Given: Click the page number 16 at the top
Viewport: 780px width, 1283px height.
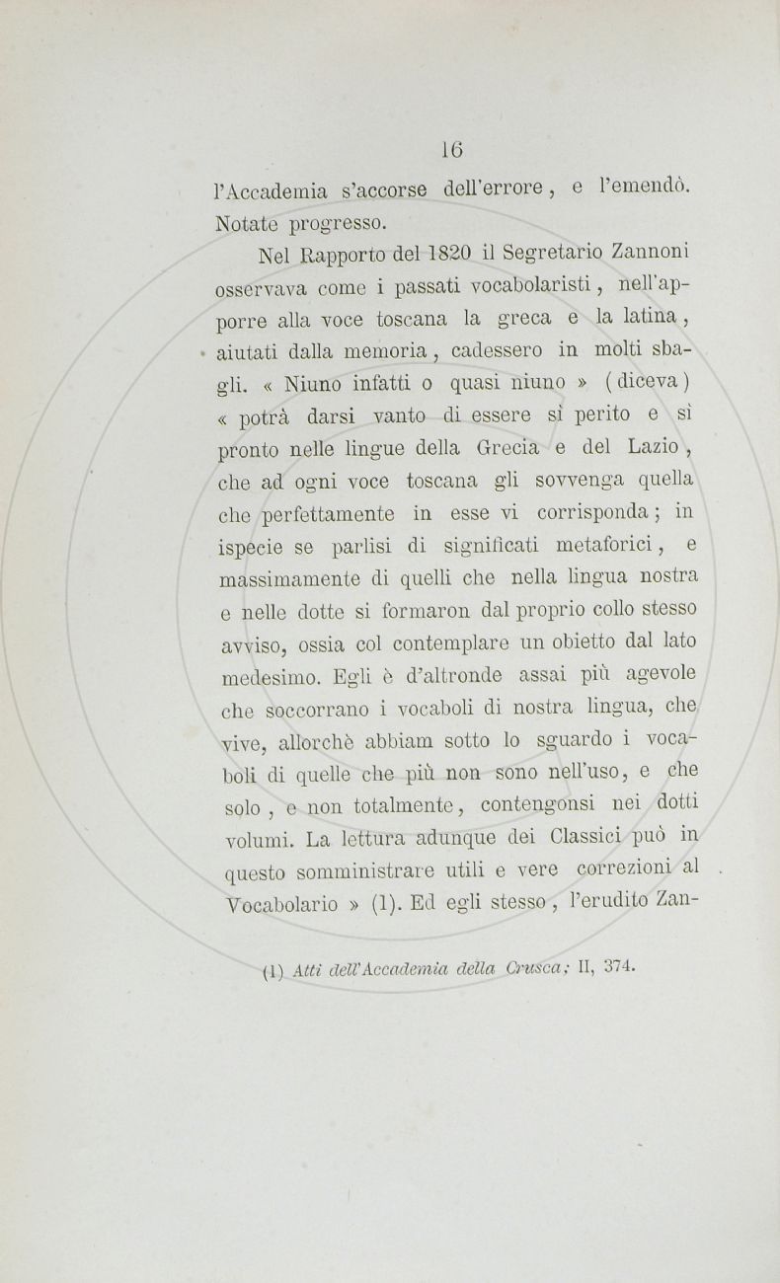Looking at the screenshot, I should (452, 150).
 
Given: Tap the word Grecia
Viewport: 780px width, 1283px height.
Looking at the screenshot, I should (507, 449).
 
